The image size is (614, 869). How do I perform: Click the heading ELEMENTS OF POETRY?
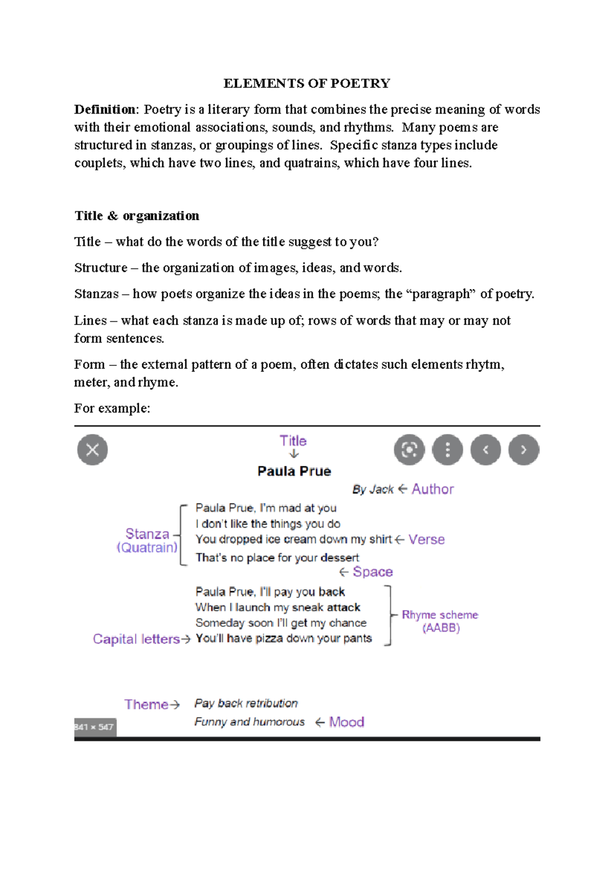click(306, 83)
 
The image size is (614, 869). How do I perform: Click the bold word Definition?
click(104, 110)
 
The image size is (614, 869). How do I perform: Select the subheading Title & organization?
click(137, 215)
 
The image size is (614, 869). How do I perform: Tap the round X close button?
click(93, 450)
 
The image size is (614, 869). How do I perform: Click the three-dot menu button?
click(447, 450)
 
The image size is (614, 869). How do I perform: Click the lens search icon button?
click(409, 450)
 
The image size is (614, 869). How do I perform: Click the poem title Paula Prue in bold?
click(294, 471)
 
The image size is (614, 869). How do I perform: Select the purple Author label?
click(433, 489)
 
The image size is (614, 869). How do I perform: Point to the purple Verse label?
click(426, 539)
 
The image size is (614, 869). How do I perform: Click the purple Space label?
click(372, 572)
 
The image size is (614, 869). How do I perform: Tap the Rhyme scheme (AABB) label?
click(440, 621)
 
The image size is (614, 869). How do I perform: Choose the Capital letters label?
click(136, 639)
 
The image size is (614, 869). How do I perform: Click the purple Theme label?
click(146, 704)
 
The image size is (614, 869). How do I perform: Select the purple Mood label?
click(346, 722)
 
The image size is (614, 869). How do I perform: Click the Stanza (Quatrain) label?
click(147, 540)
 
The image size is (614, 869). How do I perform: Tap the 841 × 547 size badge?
click(95, 727)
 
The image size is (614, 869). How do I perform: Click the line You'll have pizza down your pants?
click(283, 638)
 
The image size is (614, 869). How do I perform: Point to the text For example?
click(112, 408)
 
